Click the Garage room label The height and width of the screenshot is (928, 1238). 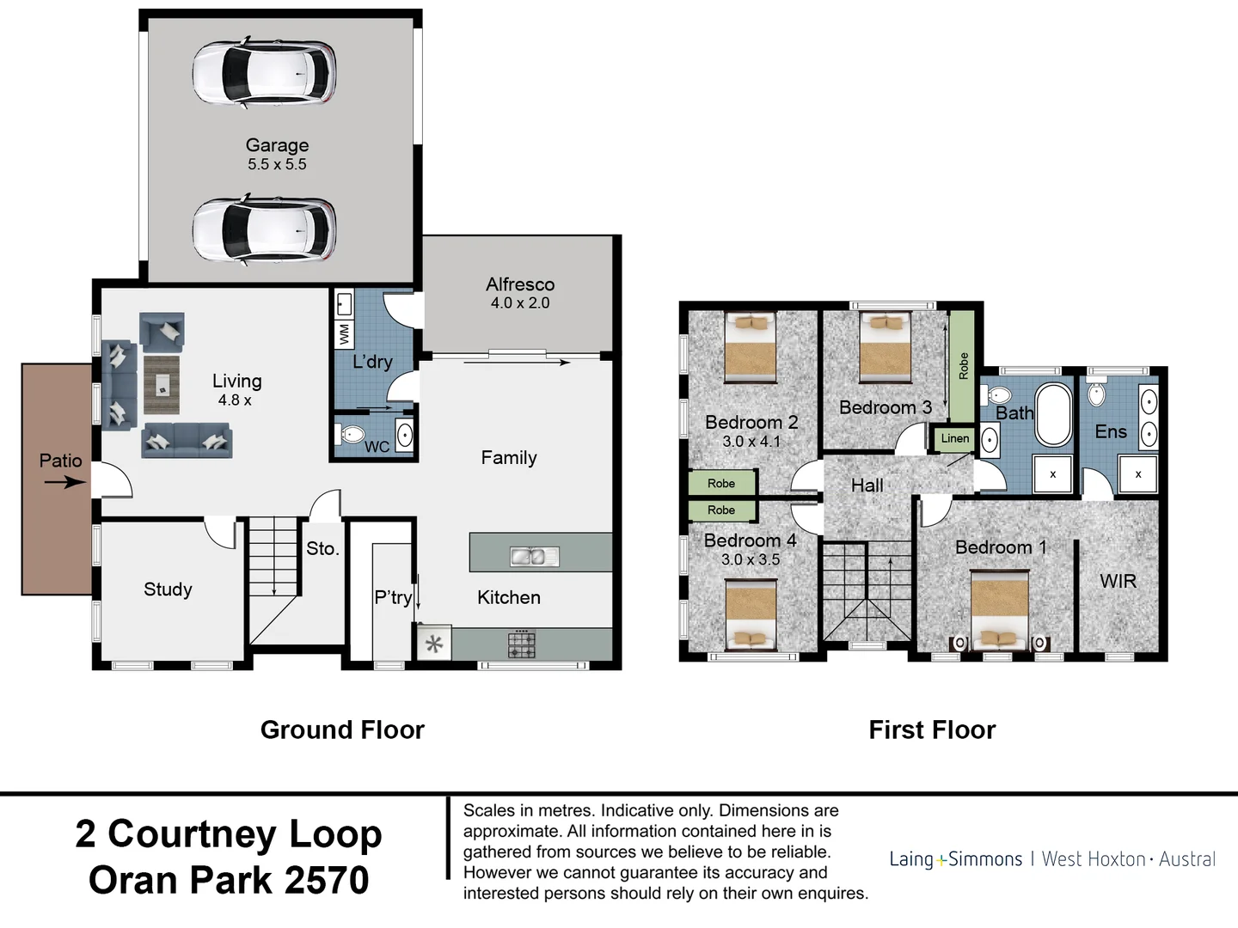click(x=277, y=145)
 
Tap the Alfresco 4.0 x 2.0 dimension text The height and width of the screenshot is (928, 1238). click(x=520, y=303)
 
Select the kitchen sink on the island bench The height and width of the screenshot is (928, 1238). click(x=534, y=556)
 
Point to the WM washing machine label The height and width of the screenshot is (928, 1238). click(x=344, y=333)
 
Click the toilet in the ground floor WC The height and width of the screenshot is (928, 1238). click(x=352, y=435)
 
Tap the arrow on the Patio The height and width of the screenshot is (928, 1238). click(x=65, y=482)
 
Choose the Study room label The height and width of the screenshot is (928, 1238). click(x=168, y=589)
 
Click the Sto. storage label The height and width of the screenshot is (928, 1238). click(x=322, y=548)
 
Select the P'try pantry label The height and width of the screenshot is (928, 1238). click(x=393, y=597)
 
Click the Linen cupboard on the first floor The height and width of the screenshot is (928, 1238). click(x=954, y=438)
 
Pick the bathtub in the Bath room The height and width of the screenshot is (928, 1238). click(x=1053, y=415)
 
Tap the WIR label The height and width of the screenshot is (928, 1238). click(x=1118, y=581)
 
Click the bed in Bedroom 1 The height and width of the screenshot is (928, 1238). click(x=999, y=610)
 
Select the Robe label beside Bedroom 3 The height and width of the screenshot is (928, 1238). click(x=964, y=366)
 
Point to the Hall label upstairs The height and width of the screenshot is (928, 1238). click(x=867, y=485)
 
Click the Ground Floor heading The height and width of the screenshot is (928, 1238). click(x=342, y=730)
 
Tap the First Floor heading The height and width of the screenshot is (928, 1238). click(x=932, y=730)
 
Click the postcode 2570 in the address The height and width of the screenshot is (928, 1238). click(x=327, y=880)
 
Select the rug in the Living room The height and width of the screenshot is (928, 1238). click(x=162, y=385)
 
